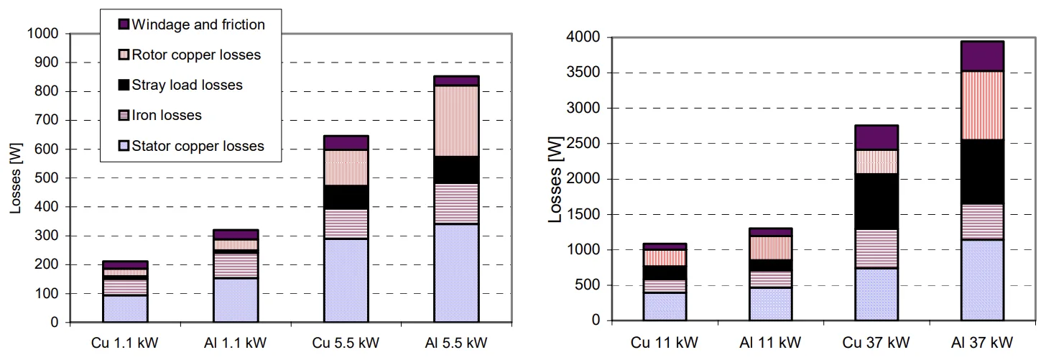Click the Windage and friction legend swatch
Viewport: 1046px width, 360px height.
pos(123,24)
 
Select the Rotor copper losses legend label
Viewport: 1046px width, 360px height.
pos(196,55)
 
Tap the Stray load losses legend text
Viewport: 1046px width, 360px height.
pos(188,85)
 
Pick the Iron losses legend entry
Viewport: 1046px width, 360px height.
pos(167,115)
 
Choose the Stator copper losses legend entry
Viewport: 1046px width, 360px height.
pos(198,146)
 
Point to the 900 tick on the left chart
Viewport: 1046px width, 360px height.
pos(48,63)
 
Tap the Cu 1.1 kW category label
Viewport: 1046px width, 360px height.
pos(126,341)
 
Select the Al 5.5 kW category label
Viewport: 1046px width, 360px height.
pos(456,341)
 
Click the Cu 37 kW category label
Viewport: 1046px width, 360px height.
pos(876,341)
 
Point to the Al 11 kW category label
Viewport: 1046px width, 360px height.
pos(771,341)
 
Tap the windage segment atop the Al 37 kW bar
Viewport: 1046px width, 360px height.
pos(982,56)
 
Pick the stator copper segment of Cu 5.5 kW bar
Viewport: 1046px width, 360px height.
pos(346,280)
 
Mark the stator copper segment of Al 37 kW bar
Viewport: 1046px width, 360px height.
pos(982,280)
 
